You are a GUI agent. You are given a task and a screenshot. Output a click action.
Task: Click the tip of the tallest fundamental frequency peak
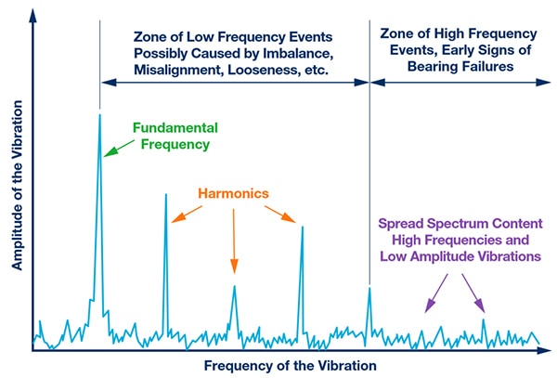click(x=99, y=114)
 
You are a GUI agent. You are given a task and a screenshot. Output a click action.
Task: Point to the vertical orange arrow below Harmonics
click(x=234, y=241)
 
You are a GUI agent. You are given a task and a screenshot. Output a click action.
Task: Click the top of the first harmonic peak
click(x=165, y=194)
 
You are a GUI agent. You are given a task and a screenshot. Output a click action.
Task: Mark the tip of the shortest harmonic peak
click(x=234, y=286)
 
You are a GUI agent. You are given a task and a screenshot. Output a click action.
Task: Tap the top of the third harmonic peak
click(x=302, y=226)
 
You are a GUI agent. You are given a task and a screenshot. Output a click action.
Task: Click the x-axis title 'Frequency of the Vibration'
click(x=291, y=365)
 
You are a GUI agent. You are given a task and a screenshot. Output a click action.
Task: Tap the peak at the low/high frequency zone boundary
click(x=369, y=288)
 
